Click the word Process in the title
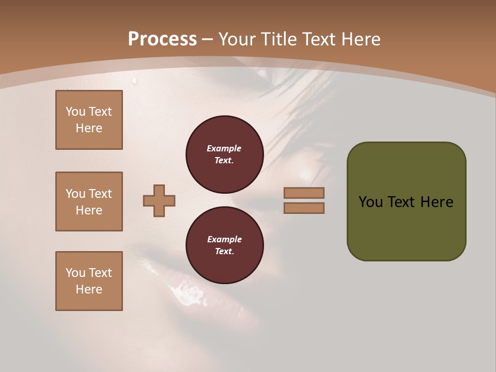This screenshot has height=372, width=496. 162,39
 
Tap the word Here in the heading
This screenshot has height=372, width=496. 360,39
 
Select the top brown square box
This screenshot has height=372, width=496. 89,120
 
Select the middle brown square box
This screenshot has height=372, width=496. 89,202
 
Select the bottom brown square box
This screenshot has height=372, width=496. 89,281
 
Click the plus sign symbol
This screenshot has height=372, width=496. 159,201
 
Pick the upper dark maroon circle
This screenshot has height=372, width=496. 225,154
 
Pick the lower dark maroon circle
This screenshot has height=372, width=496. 225,245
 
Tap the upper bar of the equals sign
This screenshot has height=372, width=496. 304,193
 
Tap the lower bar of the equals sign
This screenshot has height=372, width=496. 304,208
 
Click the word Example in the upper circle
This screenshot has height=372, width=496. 224,149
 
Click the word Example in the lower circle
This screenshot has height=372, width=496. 224,240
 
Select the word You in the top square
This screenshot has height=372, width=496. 75,112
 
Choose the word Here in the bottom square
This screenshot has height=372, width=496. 89,290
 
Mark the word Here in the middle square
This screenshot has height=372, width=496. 89,210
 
